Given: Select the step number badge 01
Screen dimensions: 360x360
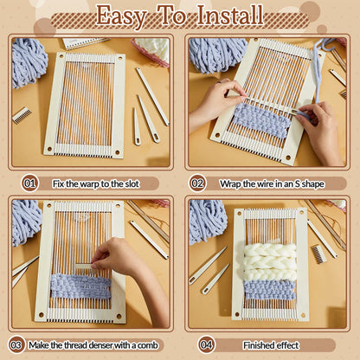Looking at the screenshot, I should tap(30, 183).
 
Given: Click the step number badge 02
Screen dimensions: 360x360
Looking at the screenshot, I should tap(197, 183).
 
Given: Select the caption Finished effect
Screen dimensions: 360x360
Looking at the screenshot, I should tap(272, 345).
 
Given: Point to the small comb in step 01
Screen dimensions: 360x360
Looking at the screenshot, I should tap(21, 114).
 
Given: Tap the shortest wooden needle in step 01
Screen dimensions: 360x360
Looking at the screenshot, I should tap(136, 125).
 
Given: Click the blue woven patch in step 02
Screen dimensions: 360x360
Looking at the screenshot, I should tap(260, 119).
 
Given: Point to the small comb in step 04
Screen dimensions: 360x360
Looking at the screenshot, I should tap(321, 254).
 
